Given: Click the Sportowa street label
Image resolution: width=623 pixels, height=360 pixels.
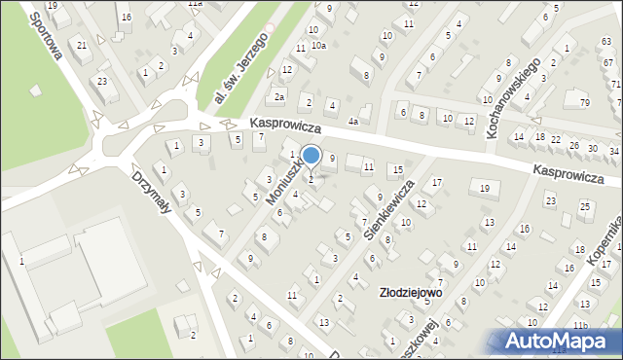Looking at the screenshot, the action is click(47, 40).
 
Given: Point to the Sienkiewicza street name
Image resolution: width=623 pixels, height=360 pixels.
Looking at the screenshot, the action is click(388, 208).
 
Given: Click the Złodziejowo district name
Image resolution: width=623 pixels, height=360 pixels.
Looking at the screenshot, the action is click(411, 291).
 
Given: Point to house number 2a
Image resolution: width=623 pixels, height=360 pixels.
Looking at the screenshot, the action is click(278, 96).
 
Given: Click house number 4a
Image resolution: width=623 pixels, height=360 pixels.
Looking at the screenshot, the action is click(355, 122).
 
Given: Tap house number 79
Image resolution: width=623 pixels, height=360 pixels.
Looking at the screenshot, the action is click(584, 102).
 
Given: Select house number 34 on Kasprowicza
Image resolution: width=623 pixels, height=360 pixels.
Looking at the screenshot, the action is click(613, 151).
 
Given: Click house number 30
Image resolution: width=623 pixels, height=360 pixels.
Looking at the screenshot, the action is click(594, 148).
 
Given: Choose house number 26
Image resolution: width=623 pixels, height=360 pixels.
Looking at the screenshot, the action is click(573, 146).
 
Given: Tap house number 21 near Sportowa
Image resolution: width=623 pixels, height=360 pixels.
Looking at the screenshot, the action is click(83, 46).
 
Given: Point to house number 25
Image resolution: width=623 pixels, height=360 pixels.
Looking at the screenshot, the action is click(584, 206).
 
